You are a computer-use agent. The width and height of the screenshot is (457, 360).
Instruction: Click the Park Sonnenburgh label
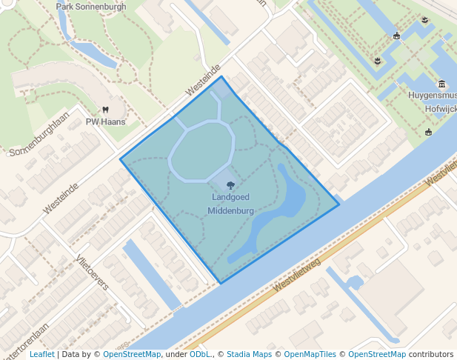click(x=91, y=7)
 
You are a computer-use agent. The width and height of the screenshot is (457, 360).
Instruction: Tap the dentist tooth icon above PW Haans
click(x=105, y=110)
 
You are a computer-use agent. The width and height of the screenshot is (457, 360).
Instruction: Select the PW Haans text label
click(x=105, y=121)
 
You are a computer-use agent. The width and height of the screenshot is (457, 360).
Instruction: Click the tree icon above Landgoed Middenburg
click(x=230, y=186)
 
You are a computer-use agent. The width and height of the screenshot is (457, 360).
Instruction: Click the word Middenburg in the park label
click(x=230, y=210)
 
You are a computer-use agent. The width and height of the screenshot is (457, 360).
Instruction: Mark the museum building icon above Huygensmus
click(x=442, y=84)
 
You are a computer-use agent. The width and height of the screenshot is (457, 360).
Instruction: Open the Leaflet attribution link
click(x=41, y=354)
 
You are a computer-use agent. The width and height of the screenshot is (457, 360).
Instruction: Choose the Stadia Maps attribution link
click(x=249, y=354)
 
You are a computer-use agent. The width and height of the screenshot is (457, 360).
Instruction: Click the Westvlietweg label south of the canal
click(x=296, y=274)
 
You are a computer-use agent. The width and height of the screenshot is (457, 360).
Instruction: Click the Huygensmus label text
click(x=432, y=96)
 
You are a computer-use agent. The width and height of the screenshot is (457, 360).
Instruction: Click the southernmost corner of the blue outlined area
click(x=221, y=283)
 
